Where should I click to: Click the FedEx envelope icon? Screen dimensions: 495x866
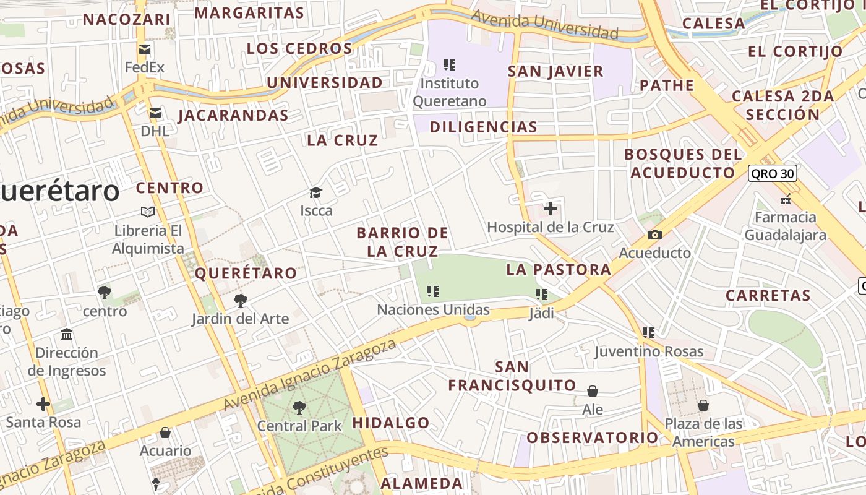(x=145, y=49)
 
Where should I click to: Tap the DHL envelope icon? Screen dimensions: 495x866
(x=155, y=113)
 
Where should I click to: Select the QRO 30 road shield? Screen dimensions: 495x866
(x=772, y=173)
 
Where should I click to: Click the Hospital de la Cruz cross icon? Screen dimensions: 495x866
(x=550, y=209)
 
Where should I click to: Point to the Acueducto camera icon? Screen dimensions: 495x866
(x=654, y=235)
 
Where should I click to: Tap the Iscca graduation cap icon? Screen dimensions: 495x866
(x=316, y=192)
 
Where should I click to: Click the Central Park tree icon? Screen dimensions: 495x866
(x=299, y=407)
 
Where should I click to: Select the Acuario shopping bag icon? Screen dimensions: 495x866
(x=165, y=432)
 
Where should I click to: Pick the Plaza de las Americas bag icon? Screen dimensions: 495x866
(x=703, y=405)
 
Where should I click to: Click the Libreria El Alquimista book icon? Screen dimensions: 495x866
(x=148, y=212)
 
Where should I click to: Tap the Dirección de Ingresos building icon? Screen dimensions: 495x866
(x=67, y=335)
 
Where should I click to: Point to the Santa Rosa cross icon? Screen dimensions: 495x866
(x=43, y=404)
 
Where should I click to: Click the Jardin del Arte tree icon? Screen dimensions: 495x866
(x=240, y=301)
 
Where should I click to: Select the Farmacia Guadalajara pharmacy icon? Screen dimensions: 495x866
(x=785, y=199)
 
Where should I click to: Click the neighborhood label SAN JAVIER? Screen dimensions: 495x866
(x=555, y=71)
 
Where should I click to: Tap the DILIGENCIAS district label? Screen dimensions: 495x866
(x=483, y=127)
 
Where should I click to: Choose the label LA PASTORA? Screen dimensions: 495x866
(x=559, y=269)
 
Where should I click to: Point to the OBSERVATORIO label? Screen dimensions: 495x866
(x=593, y=437)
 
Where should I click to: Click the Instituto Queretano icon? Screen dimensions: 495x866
(x=450, y=64)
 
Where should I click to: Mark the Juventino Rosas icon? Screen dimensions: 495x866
(x=648, y=333)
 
